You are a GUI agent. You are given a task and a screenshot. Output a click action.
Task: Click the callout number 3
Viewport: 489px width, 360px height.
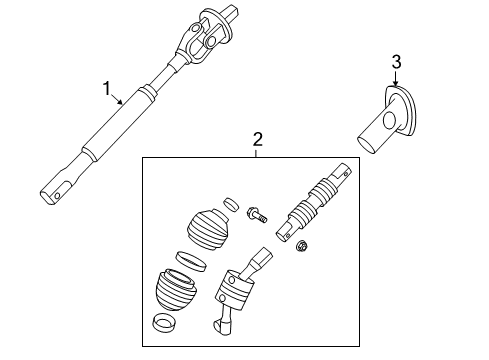point(395,62)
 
